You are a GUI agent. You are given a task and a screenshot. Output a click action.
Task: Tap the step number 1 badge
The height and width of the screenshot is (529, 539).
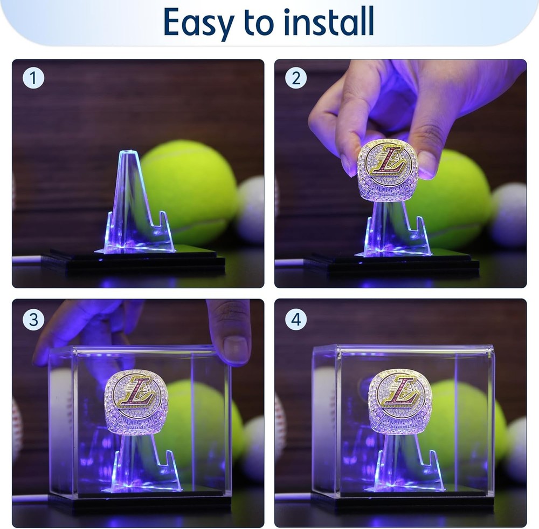(x=33, y=79)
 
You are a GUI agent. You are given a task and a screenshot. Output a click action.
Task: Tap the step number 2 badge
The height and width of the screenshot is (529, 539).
(x=295, y=79)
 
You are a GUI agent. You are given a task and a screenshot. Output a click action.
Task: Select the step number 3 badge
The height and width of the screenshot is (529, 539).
(x=33, y=320)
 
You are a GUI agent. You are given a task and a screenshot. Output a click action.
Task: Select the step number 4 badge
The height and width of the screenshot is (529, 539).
(x=295, y=320)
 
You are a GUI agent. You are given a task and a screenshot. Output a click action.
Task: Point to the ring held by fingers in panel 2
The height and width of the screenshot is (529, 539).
(x=387, y=169)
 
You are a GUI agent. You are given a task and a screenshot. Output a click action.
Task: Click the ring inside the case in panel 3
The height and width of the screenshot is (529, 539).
(x=136, y=401)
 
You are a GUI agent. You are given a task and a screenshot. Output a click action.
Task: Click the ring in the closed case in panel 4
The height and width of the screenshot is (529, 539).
(x=399, y=400)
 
